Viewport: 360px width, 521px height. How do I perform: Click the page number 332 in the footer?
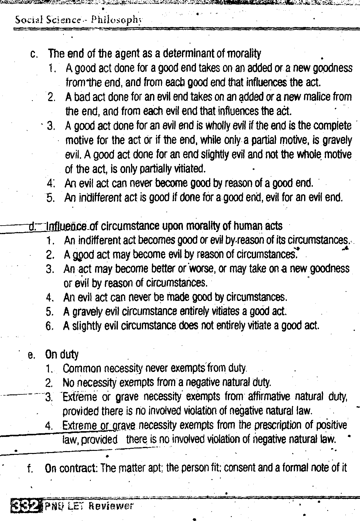click(25, 506)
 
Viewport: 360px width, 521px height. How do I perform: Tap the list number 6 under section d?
click(50, 326)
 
